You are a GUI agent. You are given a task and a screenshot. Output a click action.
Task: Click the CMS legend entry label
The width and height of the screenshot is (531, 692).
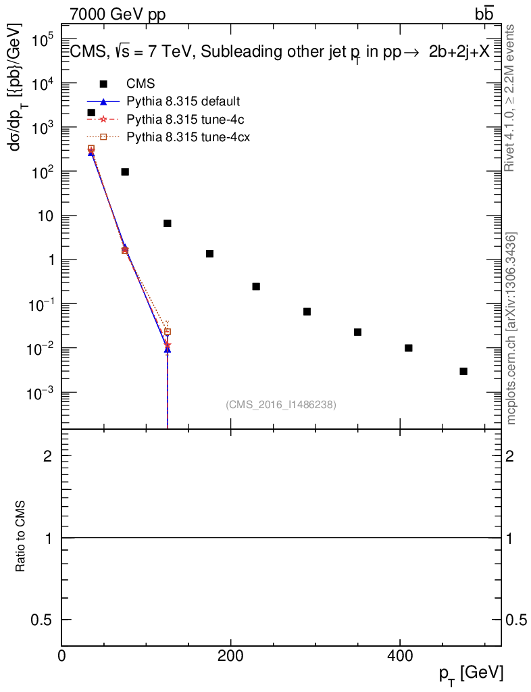141,84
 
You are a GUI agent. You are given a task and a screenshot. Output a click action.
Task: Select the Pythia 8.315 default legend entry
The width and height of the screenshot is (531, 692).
183,101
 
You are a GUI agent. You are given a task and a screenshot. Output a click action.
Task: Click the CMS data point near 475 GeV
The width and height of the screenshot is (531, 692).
463,371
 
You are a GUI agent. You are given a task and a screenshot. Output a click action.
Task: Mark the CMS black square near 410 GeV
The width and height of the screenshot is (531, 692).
408,348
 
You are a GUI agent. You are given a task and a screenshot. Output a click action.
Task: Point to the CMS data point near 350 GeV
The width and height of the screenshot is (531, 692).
357,332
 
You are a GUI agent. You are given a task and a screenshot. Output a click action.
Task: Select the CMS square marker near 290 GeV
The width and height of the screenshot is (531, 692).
307,312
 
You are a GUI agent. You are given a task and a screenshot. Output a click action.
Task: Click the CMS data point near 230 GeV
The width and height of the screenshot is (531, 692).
256,287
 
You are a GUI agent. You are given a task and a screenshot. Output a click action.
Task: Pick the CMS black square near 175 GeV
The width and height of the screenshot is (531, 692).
209,253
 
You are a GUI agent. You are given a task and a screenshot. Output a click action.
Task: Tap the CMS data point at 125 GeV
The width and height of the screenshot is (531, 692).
168,223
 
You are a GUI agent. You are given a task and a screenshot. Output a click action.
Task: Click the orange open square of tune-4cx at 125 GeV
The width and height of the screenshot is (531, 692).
168,332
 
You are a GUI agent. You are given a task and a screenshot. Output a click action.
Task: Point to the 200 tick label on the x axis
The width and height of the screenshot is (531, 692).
230,656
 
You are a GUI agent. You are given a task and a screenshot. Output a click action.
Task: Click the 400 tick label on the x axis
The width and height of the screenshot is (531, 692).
400,656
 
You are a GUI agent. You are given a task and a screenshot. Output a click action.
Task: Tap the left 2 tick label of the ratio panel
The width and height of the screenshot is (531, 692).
48,456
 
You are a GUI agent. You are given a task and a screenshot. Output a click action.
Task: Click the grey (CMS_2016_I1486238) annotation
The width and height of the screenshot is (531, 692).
281,404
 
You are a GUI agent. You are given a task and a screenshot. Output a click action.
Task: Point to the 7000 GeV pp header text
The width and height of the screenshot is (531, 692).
118,14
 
